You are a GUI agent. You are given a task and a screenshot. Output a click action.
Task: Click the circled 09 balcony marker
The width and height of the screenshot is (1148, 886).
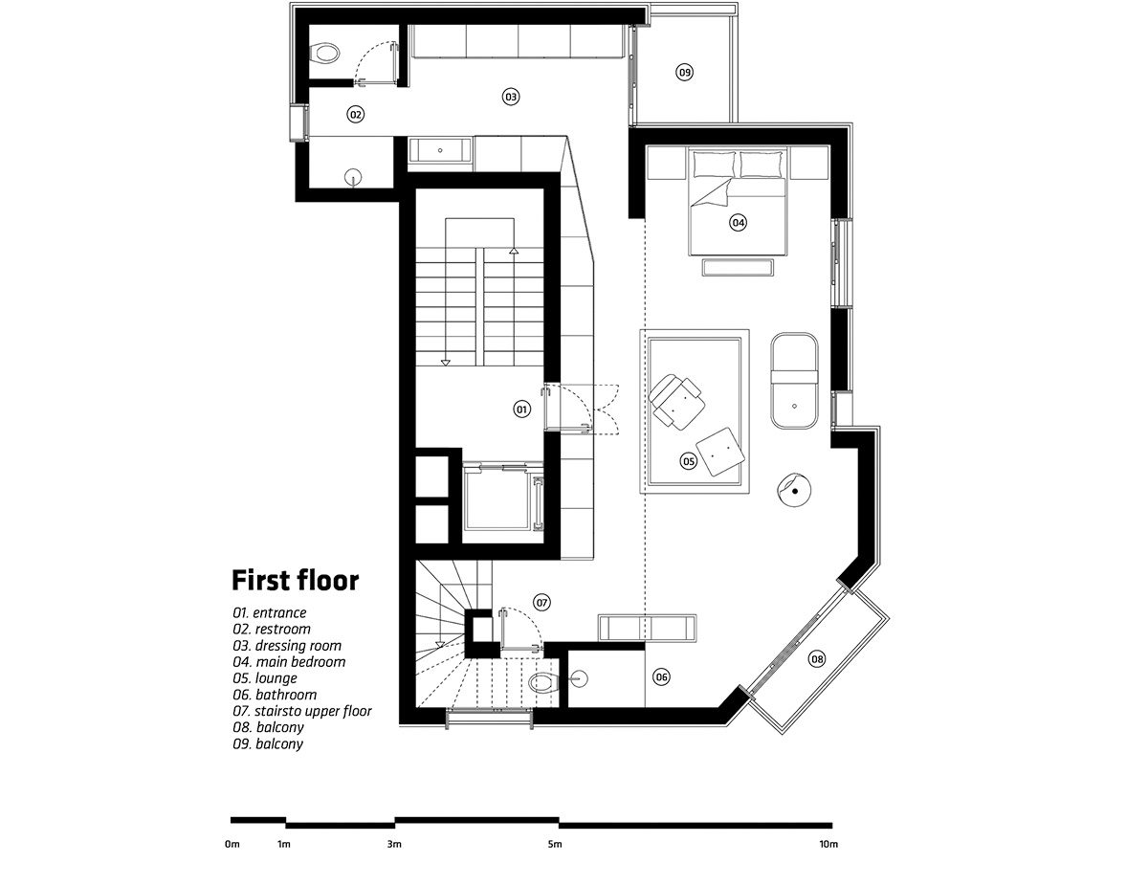coord(684,72)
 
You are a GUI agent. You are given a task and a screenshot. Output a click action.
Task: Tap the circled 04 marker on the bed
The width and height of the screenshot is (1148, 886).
coord(738,222)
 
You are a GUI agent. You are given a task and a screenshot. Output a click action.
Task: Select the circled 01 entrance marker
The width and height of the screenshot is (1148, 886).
coord(522,409)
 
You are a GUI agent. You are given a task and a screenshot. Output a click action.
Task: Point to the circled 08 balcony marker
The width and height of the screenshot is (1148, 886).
coord(817,659)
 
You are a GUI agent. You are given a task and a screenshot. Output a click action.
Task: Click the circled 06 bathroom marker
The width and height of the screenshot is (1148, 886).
coord(661,676)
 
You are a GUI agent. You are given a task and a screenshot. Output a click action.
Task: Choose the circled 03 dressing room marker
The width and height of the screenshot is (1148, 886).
coord(510,97)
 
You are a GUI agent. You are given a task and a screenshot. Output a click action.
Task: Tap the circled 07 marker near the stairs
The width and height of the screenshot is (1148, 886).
coord(542,602)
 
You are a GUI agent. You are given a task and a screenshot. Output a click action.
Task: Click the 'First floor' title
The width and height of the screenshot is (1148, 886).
coord(296,580)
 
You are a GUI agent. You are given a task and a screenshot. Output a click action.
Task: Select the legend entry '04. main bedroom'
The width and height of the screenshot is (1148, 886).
coord(289,662)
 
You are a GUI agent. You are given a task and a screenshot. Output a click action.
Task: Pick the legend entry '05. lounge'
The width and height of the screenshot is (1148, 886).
coord(265,678)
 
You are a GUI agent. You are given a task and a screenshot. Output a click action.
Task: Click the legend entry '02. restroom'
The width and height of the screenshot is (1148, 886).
coord(272,630)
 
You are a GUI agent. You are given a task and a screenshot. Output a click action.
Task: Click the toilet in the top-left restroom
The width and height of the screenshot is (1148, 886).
coord(324,54)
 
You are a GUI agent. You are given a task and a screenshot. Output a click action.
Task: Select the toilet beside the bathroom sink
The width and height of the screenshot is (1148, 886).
coord(543,682)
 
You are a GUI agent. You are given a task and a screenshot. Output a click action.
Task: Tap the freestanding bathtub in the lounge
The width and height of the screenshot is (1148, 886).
coord(794,381)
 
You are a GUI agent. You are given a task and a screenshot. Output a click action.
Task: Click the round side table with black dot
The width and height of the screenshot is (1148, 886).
coord(793,490)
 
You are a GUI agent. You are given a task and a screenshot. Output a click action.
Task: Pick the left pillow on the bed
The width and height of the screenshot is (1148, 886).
coord(714,165)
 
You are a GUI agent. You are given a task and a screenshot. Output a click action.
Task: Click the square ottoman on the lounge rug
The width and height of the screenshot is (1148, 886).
coord(720,452)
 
